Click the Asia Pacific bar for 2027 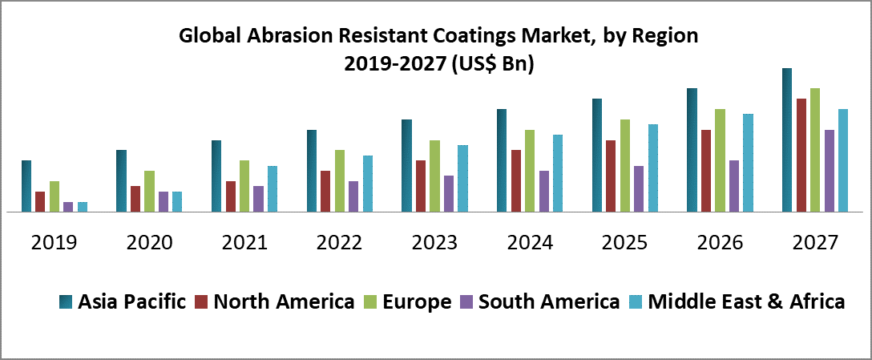click(787, 140)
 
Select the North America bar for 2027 click(801, 156)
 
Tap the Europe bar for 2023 click(434, 176)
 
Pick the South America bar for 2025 click(638, 189)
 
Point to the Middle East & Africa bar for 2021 click(272, 189)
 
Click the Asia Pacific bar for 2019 click(26, 186)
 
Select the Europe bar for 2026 click(720, 160)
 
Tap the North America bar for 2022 click(325, 192)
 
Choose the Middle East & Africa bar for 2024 click(558, 173)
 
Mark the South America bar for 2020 click(163, 202)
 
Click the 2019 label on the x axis click(54, 242)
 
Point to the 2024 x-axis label click(531, 242)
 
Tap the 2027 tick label click(815, 242)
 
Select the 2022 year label click(340, 242)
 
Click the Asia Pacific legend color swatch click(66, 302)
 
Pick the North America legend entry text click(284, 302)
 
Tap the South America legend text click(548, 302)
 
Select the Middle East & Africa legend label click(746, 302)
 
